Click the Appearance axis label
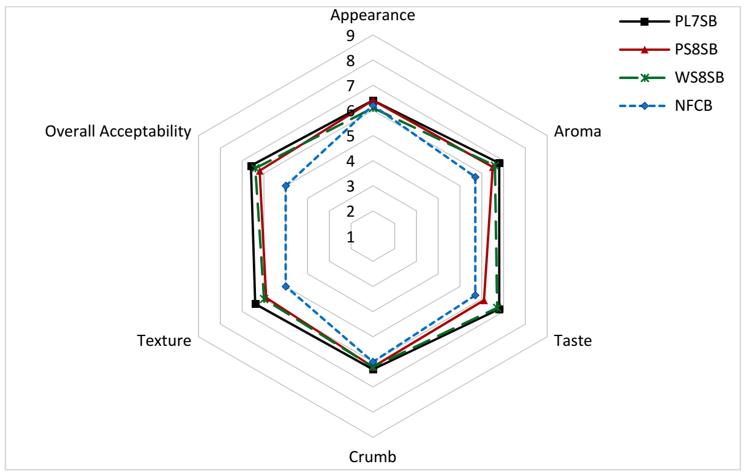click(x=372, y=15)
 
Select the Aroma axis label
click(x=577, y=131)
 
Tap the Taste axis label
click(x=573, y=340)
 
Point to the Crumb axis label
click(x=372, y=457)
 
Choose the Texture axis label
click(x=164, y=340)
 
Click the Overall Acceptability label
click(x=118, y=131)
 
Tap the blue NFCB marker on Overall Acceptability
click(x=285, y=185)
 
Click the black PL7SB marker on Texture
click(x=255, y=304)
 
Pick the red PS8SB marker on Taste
click(x=483, y=300)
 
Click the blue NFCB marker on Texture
click(x=285, y=286)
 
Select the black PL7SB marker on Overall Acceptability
click(x=250, y=166)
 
